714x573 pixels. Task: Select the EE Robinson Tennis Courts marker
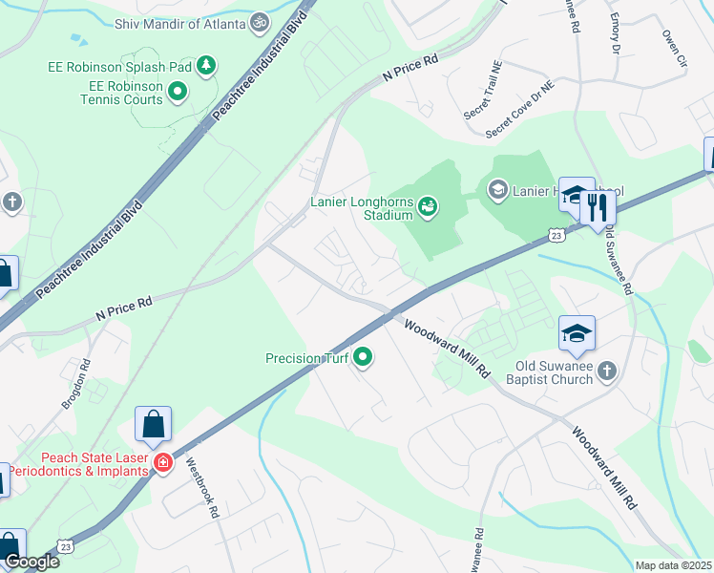[x=177, y=93]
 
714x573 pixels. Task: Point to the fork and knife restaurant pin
[x=598, y=207]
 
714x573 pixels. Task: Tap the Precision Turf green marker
[x=363, y=359]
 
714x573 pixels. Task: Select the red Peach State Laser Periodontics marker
[x=163, y=462]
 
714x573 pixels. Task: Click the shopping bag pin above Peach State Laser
[x=153, y=424]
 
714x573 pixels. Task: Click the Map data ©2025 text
[x=673, y=565]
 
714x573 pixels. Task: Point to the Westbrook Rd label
[x=202, y=487]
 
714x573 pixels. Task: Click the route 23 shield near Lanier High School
[x=556, y=233]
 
